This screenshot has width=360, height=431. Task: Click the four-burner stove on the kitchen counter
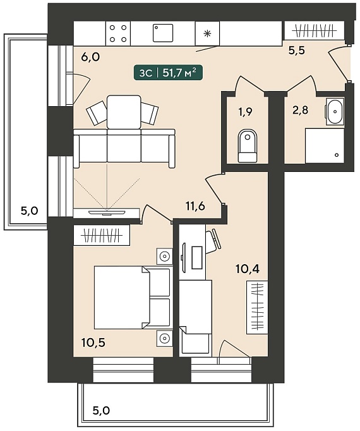[118, 33]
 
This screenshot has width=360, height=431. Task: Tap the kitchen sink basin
[163, 33]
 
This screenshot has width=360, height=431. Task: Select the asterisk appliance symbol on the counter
[207, 33]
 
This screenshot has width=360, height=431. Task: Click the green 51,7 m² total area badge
[169, 73]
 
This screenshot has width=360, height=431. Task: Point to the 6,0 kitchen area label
[90, 57]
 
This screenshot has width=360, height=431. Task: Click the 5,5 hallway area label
[297, 51]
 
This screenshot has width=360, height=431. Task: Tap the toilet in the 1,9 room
[248, 146]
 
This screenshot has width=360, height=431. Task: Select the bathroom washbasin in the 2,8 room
[335, 111]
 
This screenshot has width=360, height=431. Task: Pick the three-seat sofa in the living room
[124, 148]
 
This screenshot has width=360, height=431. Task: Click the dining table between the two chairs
[124, 112]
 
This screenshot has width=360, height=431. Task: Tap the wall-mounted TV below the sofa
[107, 212]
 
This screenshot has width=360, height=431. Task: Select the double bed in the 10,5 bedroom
[132, 297]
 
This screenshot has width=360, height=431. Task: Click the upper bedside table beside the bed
[165, 257]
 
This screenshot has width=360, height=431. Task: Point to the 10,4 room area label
[248, 269]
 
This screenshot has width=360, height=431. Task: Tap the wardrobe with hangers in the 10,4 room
[257, 307]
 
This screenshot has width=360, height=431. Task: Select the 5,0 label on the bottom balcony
[101, 411]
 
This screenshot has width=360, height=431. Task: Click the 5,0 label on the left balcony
[30, 211]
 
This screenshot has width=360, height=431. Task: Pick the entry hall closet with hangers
[314, 30]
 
